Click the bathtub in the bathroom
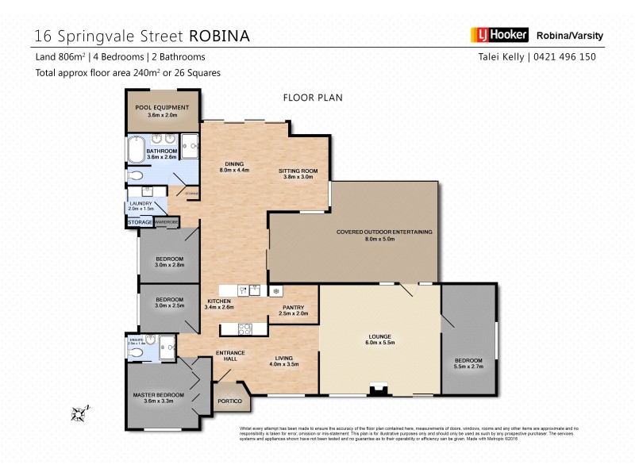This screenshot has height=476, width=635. click(134, 150)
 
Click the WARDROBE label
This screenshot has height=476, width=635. click(167, 223)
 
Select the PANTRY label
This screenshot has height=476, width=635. click(282, 307)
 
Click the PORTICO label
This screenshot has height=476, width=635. click(230, 401)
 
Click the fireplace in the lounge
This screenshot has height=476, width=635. click(380, 390)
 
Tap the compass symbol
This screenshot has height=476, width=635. click(78, 412)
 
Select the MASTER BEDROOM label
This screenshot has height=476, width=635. click(159, 394)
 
